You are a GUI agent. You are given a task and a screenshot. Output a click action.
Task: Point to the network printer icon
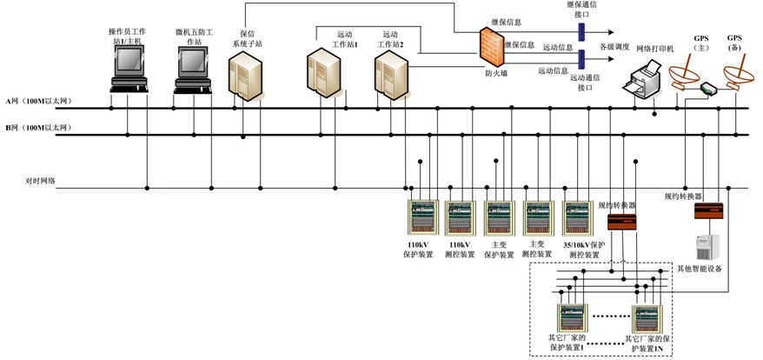pyautogui.click(x=647, y=82)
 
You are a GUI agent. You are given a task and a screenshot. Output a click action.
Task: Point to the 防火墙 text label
pyautogui.click(x=496, y=74)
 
